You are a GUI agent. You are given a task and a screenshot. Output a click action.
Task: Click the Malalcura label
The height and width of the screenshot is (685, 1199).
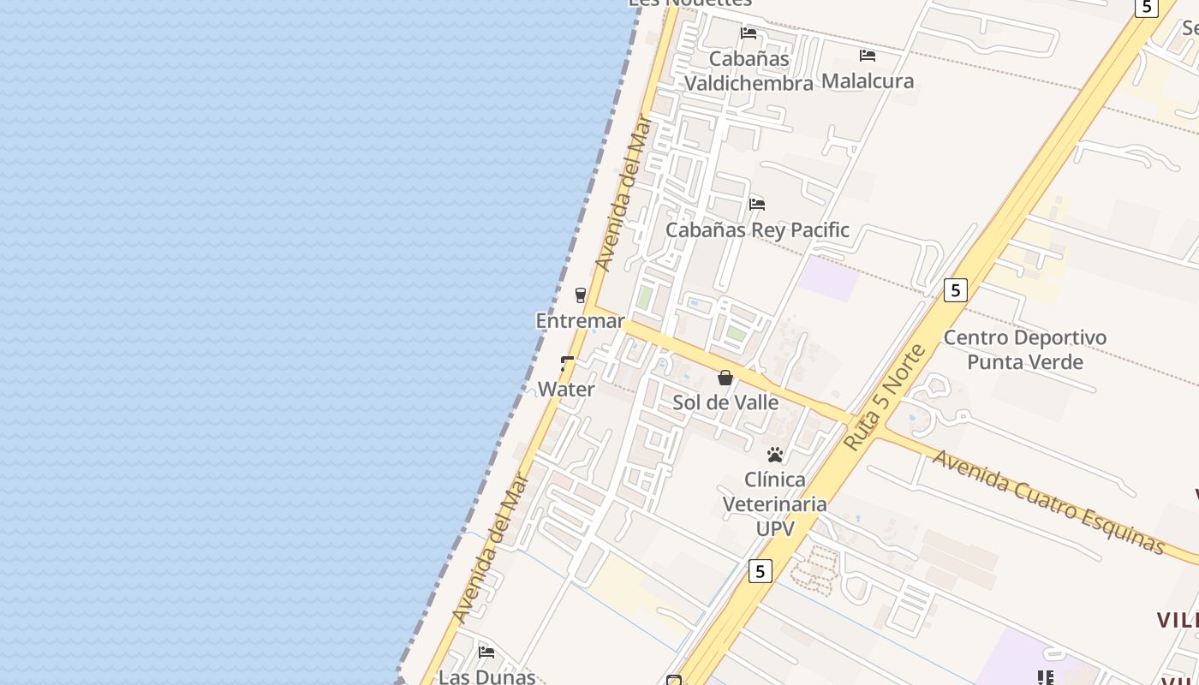coord(868,80)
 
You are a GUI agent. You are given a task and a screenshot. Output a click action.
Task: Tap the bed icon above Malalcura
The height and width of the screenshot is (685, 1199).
coord(868,56)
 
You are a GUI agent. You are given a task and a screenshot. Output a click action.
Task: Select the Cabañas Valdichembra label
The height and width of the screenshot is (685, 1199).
coord(749,71)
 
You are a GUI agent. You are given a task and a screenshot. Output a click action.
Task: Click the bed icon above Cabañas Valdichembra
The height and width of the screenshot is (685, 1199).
coord(749,33)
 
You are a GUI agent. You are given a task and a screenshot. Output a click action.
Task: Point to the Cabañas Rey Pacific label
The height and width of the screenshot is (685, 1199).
coord(757,229)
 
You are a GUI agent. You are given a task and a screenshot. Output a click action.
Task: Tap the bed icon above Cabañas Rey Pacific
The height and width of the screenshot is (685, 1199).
coord(757,205)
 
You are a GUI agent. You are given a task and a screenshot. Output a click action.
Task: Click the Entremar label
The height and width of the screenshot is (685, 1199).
coord(580,320)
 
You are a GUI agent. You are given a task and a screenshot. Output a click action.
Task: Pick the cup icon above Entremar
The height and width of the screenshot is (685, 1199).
coord(581,295)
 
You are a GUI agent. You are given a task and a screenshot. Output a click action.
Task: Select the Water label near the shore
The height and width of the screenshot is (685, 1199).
coord(566,389)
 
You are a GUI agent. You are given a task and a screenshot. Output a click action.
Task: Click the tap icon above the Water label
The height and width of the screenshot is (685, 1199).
coord(567,364)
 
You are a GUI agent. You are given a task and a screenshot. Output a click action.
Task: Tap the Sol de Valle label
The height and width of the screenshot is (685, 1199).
coord(725,402)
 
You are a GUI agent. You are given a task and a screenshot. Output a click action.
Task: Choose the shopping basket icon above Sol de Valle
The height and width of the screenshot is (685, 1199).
coord(725,378)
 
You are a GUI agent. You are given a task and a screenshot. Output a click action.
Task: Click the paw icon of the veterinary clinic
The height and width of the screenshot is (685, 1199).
coord(775,455)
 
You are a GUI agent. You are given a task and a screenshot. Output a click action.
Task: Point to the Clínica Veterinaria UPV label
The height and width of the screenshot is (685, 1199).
coord(775,503)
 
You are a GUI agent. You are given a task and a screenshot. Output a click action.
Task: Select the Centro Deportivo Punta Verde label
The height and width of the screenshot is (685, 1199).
coord(1025,349)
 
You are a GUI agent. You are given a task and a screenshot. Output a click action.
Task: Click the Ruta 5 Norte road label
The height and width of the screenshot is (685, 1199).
coord(885,397)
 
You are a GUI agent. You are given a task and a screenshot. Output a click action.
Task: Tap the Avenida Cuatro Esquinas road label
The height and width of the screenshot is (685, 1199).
coord(1048,502)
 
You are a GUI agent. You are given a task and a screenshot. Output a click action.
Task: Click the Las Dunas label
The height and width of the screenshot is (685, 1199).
coord(486,676)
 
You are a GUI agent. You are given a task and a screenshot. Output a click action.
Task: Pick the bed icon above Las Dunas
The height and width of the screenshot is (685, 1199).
coord(486,652)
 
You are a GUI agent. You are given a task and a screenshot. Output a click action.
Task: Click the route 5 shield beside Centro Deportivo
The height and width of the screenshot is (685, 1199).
coord(956,290)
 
